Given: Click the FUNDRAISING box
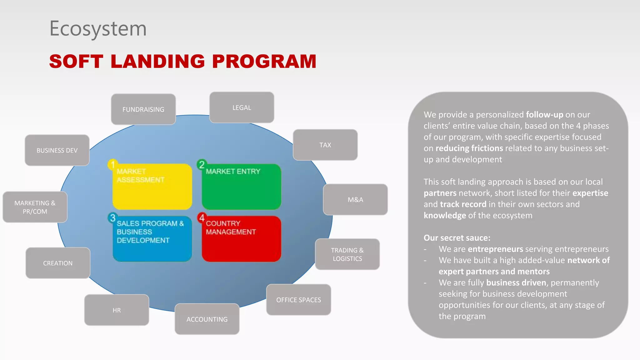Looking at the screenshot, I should pyautogui.click(x=143, y=109).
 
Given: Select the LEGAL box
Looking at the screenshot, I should pyautogui.click(x=242, y=107).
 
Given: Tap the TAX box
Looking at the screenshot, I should pyautogui.click(x=325, y=145).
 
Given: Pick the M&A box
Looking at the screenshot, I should pyautogui.click(x=355, y=200).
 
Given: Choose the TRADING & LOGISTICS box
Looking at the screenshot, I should pyautogui.click(x=347, y=254).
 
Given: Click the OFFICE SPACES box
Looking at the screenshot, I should pyautogui.click(x=298, y=300).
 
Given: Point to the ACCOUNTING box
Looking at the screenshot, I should pyautogui.click(x=207, y=319).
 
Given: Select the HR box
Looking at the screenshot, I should pyautogui.click(x=117, y=310).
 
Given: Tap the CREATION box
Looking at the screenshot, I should pyautogui.click(x=58, y=263).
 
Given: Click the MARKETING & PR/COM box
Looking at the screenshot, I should pyautogui.click(x=35, y=207).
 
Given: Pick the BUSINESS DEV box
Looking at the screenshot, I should pyautogui.click(x=57, y=150).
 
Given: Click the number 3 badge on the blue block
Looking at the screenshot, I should pyautogui.click(x=112, y=218).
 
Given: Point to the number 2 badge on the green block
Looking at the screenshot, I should pyautogui.click(x=202, y=165).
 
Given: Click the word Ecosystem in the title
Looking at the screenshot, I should pyautogui.click(x=98, y=29).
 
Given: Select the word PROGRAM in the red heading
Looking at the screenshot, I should pyautogui.click(x=264, y=61).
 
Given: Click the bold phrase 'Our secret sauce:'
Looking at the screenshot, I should pyautogui.click(x=457, y=238).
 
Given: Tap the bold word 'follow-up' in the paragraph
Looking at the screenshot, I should pyautogui.click(x=544, y=115).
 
